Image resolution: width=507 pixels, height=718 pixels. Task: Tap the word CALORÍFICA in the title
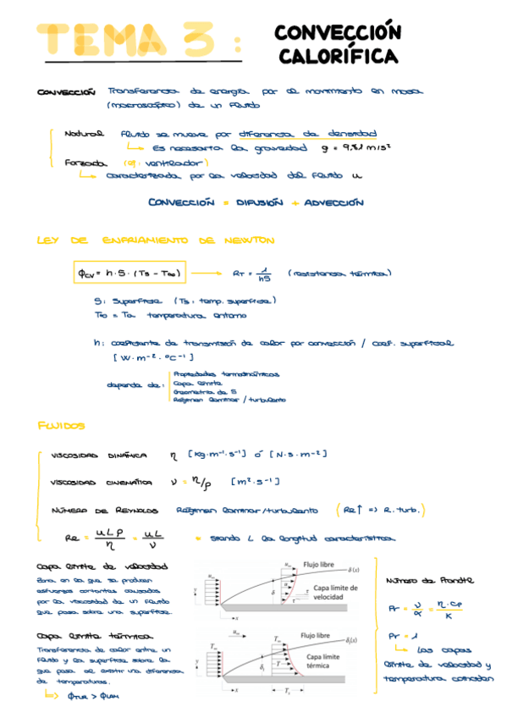pyautogui.click(x=337, y=57)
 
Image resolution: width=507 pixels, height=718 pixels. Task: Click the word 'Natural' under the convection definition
pyautogui.click(x=85, y=133)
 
